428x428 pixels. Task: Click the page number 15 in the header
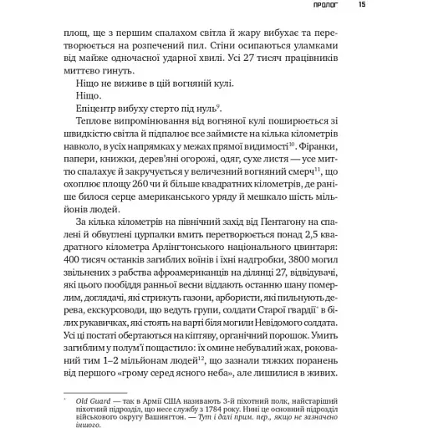click(361, 6)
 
